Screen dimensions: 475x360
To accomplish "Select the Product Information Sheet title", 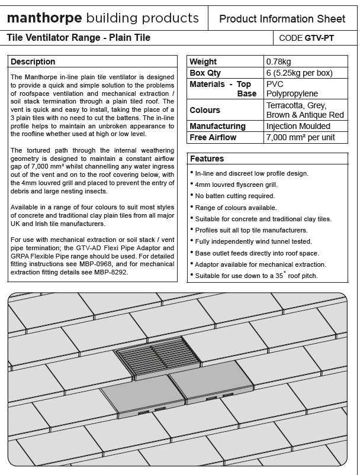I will coord(282,19).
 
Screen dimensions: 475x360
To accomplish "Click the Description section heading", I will coord(33,62).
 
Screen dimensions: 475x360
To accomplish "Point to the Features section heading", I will coord(207,159).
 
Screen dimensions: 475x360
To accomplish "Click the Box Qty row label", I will coord(205,73).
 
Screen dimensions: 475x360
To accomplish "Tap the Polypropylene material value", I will coord(292,93).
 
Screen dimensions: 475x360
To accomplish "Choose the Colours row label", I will coord(205,110).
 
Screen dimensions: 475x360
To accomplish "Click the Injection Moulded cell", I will coord(298,126).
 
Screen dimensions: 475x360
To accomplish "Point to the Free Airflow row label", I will coord(213,137).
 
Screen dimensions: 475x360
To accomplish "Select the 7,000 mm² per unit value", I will coord(300,137).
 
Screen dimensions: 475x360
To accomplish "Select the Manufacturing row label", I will coord(217,126).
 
